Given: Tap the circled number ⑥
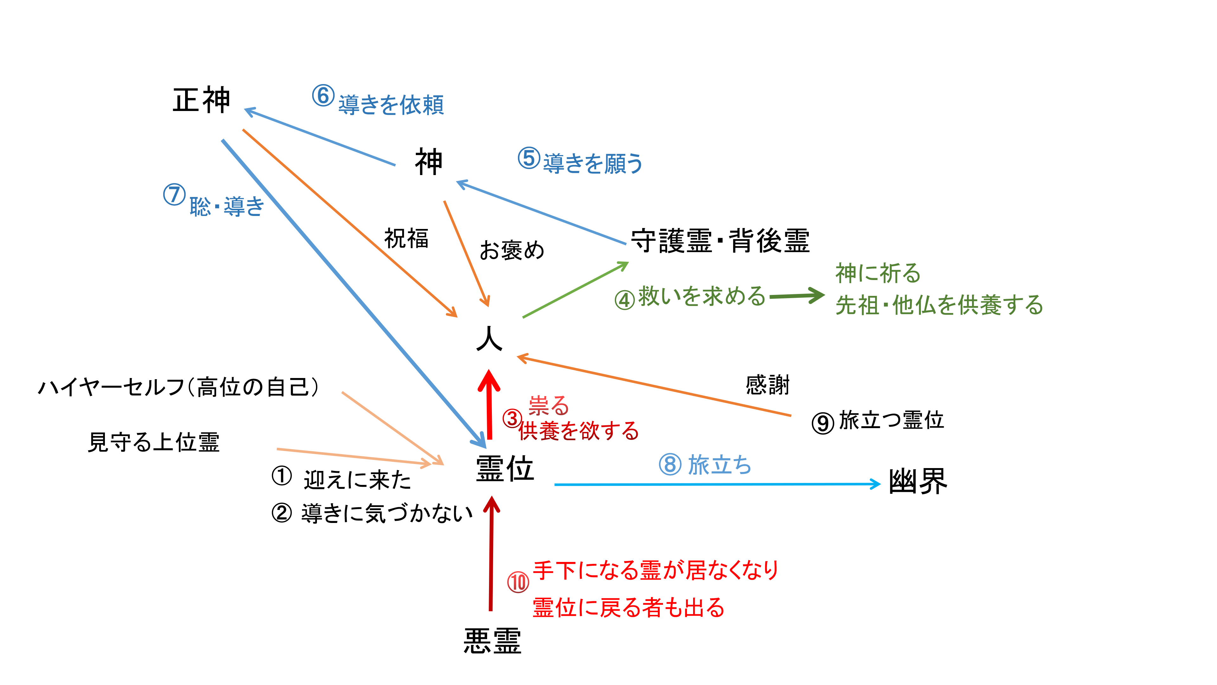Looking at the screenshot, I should point(323,96).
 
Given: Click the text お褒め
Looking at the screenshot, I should point(512,250).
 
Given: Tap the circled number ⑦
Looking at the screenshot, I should point(174,194).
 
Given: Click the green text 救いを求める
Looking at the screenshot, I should point(702,297).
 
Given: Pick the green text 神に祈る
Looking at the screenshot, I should point(878,273).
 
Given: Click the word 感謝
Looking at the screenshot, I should point(767,384).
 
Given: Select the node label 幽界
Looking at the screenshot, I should point(918,481).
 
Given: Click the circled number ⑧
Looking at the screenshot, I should point(670,464).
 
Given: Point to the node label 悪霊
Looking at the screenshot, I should point(492,641).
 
